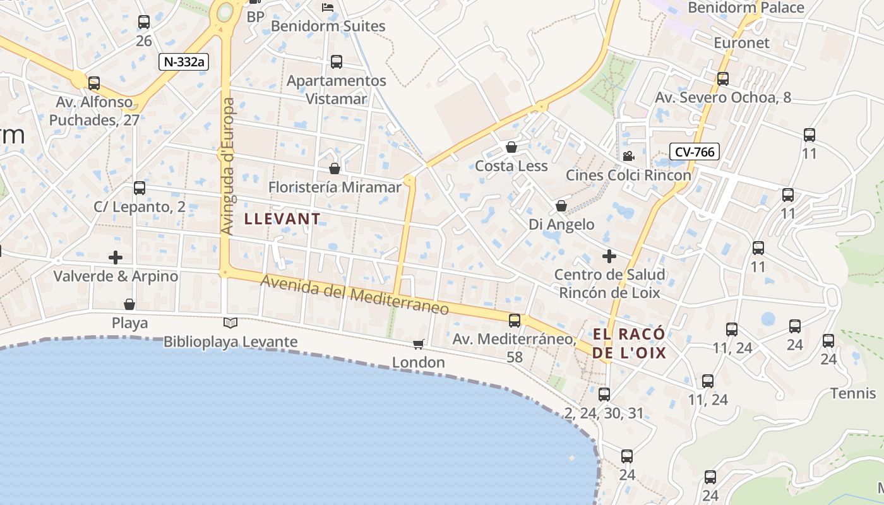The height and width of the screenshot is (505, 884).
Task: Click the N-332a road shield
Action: (x=184, y=61)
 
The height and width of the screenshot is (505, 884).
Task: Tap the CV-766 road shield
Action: (x=695, y=151)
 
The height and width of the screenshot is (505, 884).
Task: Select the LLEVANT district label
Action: (x=282, y=219)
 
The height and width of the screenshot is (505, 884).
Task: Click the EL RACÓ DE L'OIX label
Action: (x=630, y=343)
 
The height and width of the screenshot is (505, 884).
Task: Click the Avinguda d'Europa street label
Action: (x=228, y=166)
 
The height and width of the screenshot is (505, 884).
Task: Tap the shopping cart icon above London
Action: (x=418, y=344)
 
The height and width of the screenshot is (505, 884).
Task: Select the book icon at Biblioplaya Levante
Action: (x=230, y=323)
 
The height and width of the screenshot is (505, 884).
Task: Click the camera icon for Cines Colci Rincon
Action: (x=628, y=156)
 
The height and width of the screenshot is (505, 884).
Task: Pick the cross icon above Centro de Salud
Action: (x=609, y=256)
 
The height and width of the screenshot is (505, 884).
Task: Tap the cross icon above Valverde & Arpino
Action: (x=116, y=258)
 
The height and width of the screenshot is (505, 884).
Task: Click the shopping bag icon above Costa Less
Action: (x=511, y=147)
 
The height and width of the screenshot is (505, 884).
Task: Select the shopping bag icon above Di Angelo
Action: (x=561, y=206)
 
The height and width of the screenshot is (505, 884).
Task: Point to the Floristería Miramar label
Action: (x=335, y=187)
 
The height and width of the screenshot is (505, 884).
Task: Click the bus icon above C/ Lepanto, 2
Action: (x=140, y=188)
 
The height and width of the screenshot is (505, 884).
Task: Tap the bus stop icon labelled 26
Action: (x=144, y=22)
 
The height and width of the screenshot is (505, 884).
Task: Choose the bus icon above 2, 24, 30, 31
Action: (x=604, y=395)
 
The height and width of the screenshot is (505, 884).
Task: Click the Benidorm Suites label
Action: (x=328, y=27)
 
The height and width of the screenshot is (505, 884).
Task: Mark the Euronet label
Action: (x=742, y=43)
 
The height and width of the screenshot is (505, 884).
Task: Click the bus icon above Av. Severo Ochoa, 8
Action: (x=723, y=79)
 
